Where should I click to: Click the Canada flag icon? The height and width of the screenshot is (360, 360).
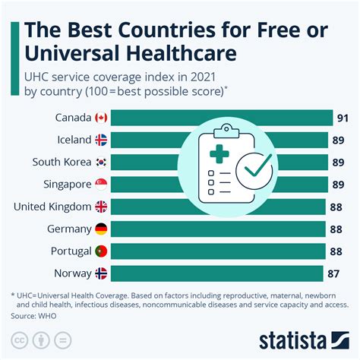click(x=102, y=118)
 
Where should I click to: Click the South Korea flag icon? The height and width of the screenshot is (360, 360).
click(x=102, y=162)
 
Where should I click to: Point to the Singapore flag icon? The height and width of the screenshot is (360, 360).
click(x=102, y=184)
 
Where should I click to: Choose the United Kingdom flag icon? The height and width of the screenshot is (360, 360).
click(x=102, y=207)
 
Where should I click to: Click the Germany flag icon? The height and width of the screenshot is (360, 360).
click(x=102, y=229)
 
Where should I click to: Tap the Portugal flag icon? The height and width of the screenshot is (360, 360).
click(x=102, y=251)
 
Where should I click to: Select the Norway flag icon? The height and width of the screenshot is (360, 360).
click(x=102, y=273)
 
